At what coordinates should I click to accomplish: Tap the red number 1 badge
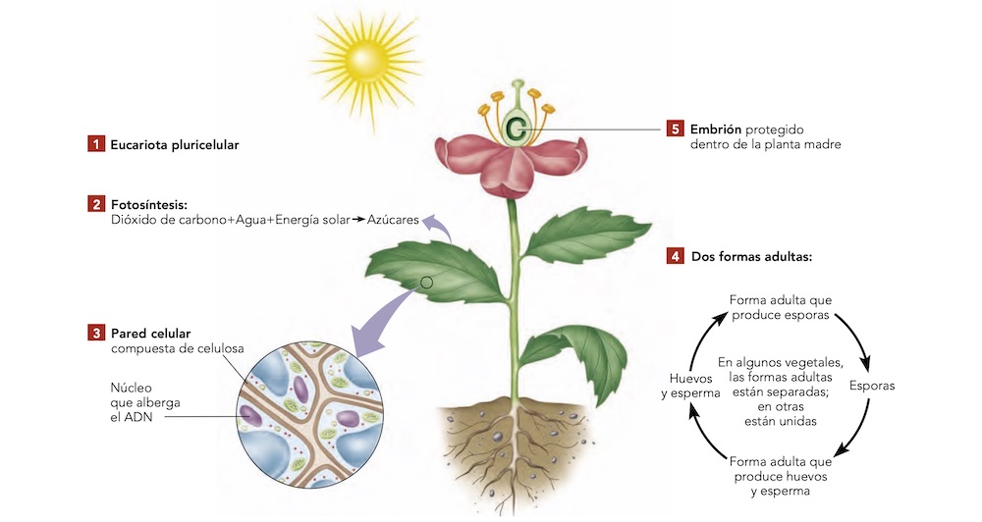95,144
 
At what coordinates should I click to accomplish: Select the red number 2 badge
95,204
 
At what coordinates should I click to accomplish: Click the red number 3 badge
95,333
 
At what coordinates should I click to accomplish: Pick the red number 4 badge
675,257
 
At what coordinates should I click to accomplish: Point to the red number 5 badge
675,129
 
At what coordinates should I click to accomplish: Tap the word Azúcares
393,221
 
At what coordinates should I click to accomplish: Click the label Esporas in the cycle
871,386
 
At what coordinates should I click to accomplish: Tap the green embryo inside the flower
517,126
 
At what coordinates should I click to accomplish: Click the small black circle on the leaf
426,283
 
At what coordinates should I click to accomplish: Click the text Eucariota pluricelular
175,144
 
